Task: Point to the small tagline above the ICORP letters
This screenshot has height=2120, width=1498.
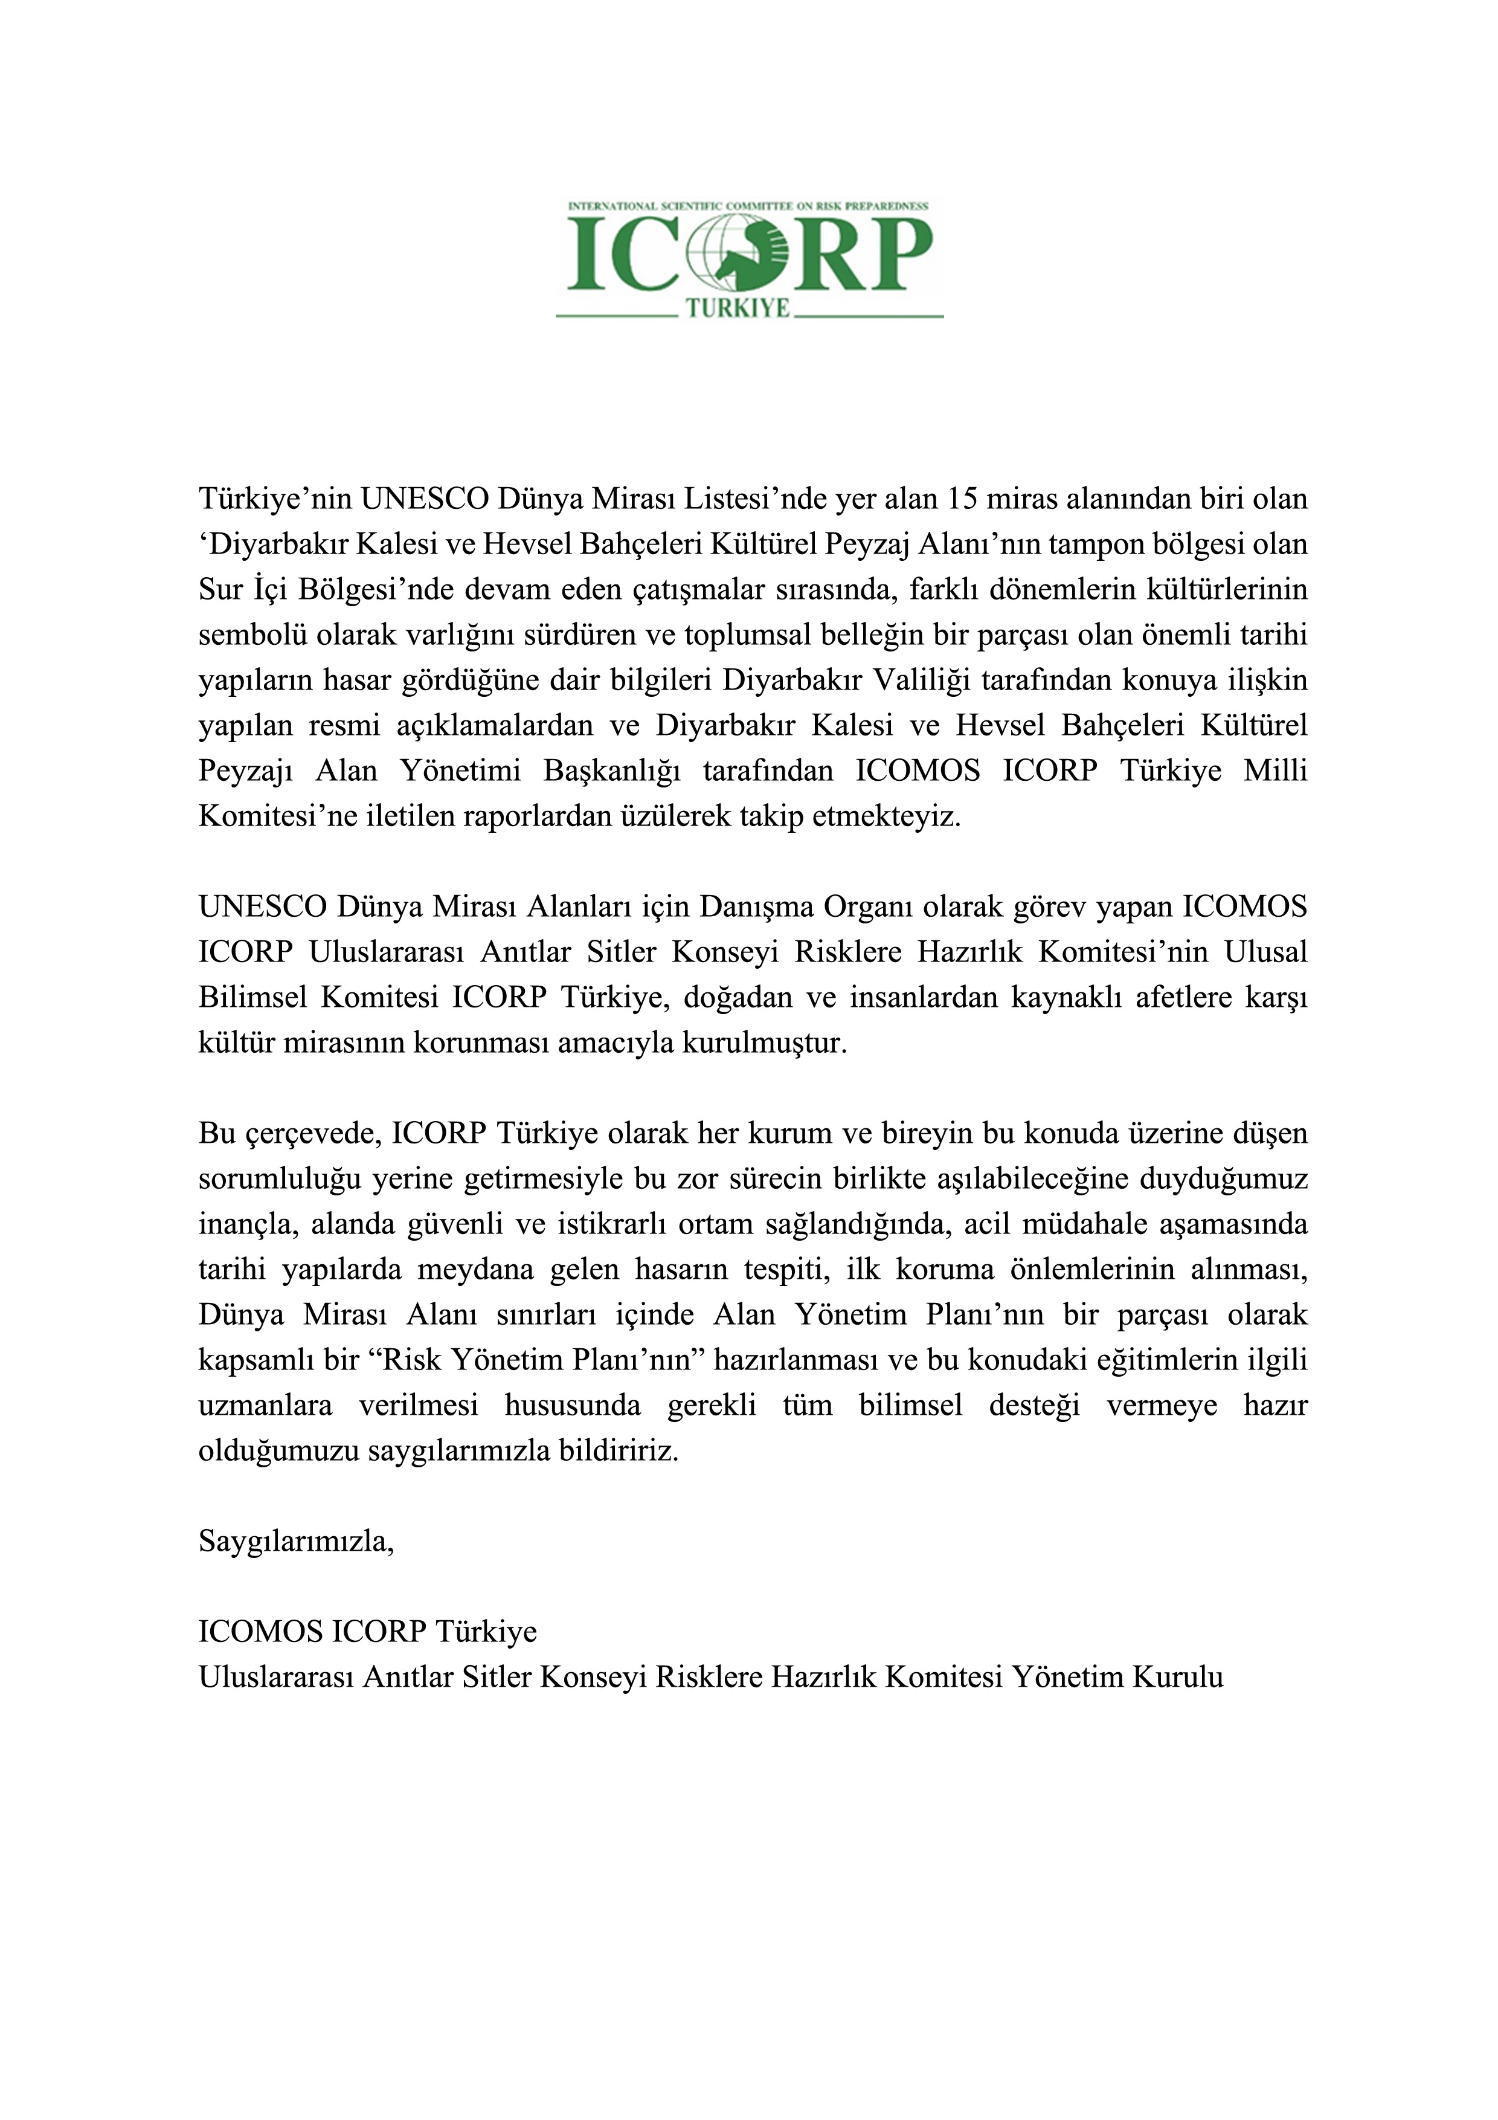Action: tap(748, 206)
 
